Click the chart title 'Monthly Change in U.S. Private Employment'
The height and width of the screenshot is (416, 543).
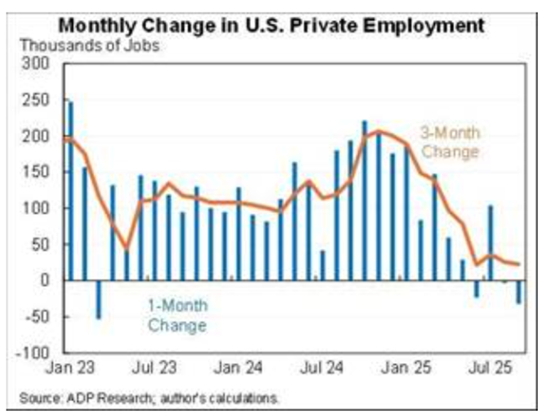271,25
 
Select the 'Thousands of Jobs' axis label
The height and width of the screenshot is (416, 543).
89,45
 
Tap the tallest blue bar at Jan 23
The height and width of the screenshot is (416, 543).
70,190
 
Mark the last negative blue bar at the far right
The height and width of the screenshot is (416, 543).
518,292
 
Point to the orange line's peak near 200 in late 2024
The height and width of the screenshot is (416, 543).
378,131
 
